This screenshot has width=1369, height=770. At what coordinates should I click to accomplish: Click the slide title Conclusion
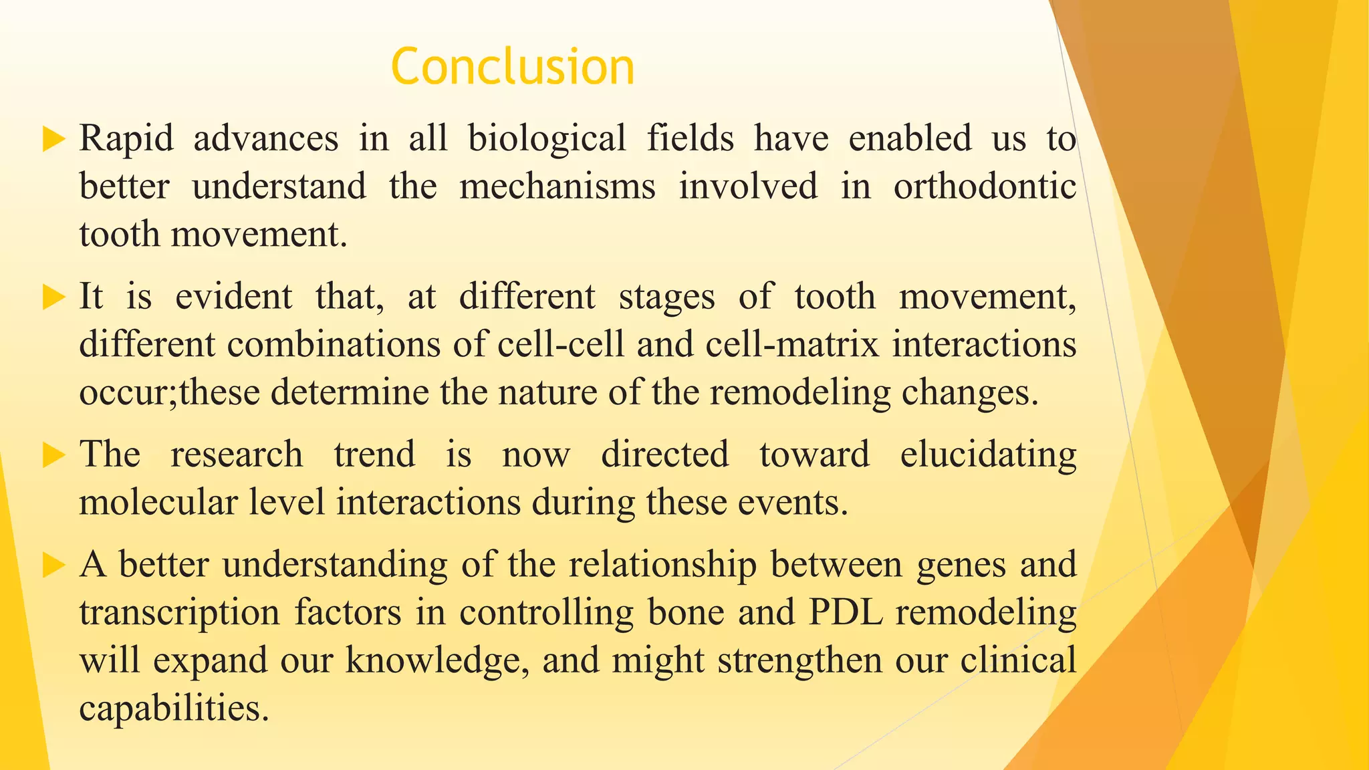[512, 67]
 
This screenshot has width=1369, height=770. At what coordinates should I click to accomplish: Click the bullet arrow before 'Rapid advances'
[53, 139]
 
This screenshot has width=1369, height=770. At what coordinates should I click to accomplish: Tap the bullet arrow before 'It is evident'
[53, 297]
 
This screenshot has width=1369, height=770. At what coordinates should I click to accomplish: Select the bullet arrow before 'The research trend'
[53, 455]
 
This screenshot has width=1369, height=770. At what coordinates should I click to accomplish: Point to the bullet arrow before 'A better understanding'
[53, 565]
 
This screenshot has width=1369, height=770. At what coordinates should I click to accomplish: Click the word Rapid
[126, 138]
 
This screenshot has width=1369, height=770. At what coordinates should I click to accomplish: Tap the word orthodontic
[985, 186]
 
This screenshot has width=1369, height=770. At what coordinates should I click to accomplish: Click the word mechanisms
[557, 186]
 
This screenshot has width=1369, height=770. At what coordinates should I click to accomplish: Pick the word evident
[233, 296]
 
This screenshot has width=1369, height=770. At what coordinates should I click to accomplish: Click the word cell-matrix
[792, 344]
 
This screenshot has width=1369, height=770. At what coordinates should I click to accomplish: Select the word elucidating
[988, 456]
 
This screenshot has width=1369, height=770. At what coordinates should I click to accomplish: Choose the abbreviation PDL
[846, 612]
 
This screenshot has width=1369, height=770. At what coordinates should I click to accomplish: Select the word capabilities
[174, 708]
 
